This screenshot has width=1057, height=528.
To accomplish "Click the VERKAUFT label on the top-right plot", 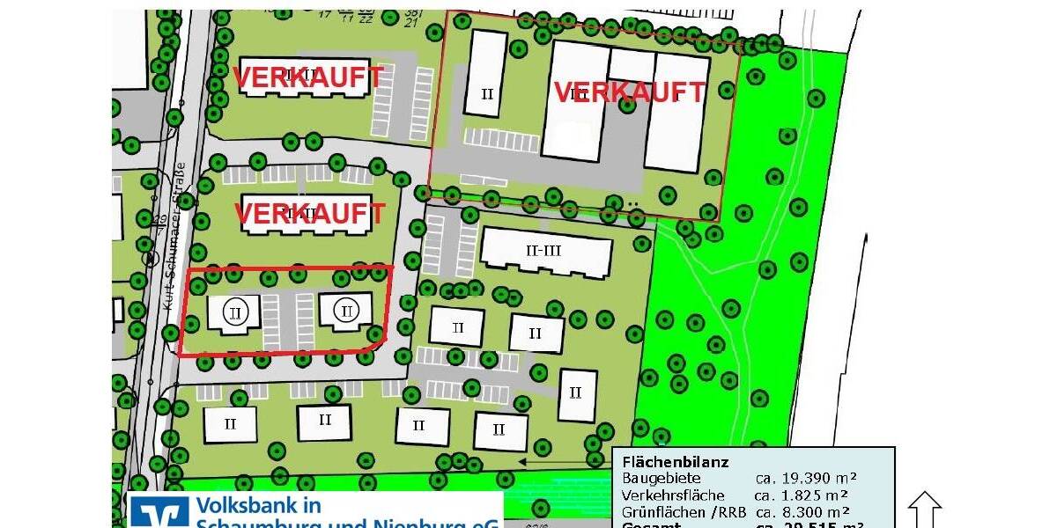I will click(630, 92).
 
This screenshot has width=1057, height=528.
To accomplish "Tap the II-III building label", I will click(543, 251).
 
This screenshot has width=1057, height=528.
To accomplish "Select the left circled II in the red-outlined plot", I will click(234, 312).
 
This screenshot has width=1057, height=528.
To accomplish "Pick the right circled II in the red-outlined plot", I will click(347, 311).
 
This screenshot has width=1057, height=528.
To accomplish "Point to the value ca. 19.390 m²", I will click(806, 479).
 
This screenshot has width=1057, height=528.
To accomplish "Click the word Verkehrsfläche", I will click(673, 495).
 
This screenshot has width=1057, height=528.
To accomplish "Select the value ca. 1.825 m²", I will click(806, 495).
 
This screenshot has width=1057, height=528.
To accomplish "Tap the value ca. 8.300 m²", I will click(806, 511).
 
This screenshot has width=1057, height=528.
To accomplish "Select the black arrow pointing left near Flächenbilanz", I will click(564, 461).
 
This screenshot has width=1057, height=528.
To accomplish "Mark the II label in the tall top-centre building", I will click(487, 93).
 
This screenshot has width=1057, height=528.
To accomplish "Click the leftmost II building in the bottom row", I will click(230, 424).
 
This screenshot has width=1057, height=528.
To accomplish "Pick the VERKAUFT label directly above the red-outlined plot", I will click(309, 214).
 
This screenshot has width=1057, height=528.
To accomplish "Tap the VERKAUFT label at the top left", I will click(308, 77).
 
